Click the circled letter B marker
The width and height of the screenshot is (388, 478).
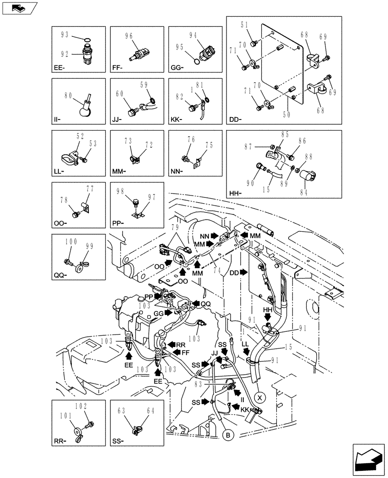228,435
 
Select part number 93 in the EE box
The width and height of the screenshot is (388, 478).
65,34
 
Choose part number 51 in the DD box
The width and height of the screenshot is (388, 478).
244,25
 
